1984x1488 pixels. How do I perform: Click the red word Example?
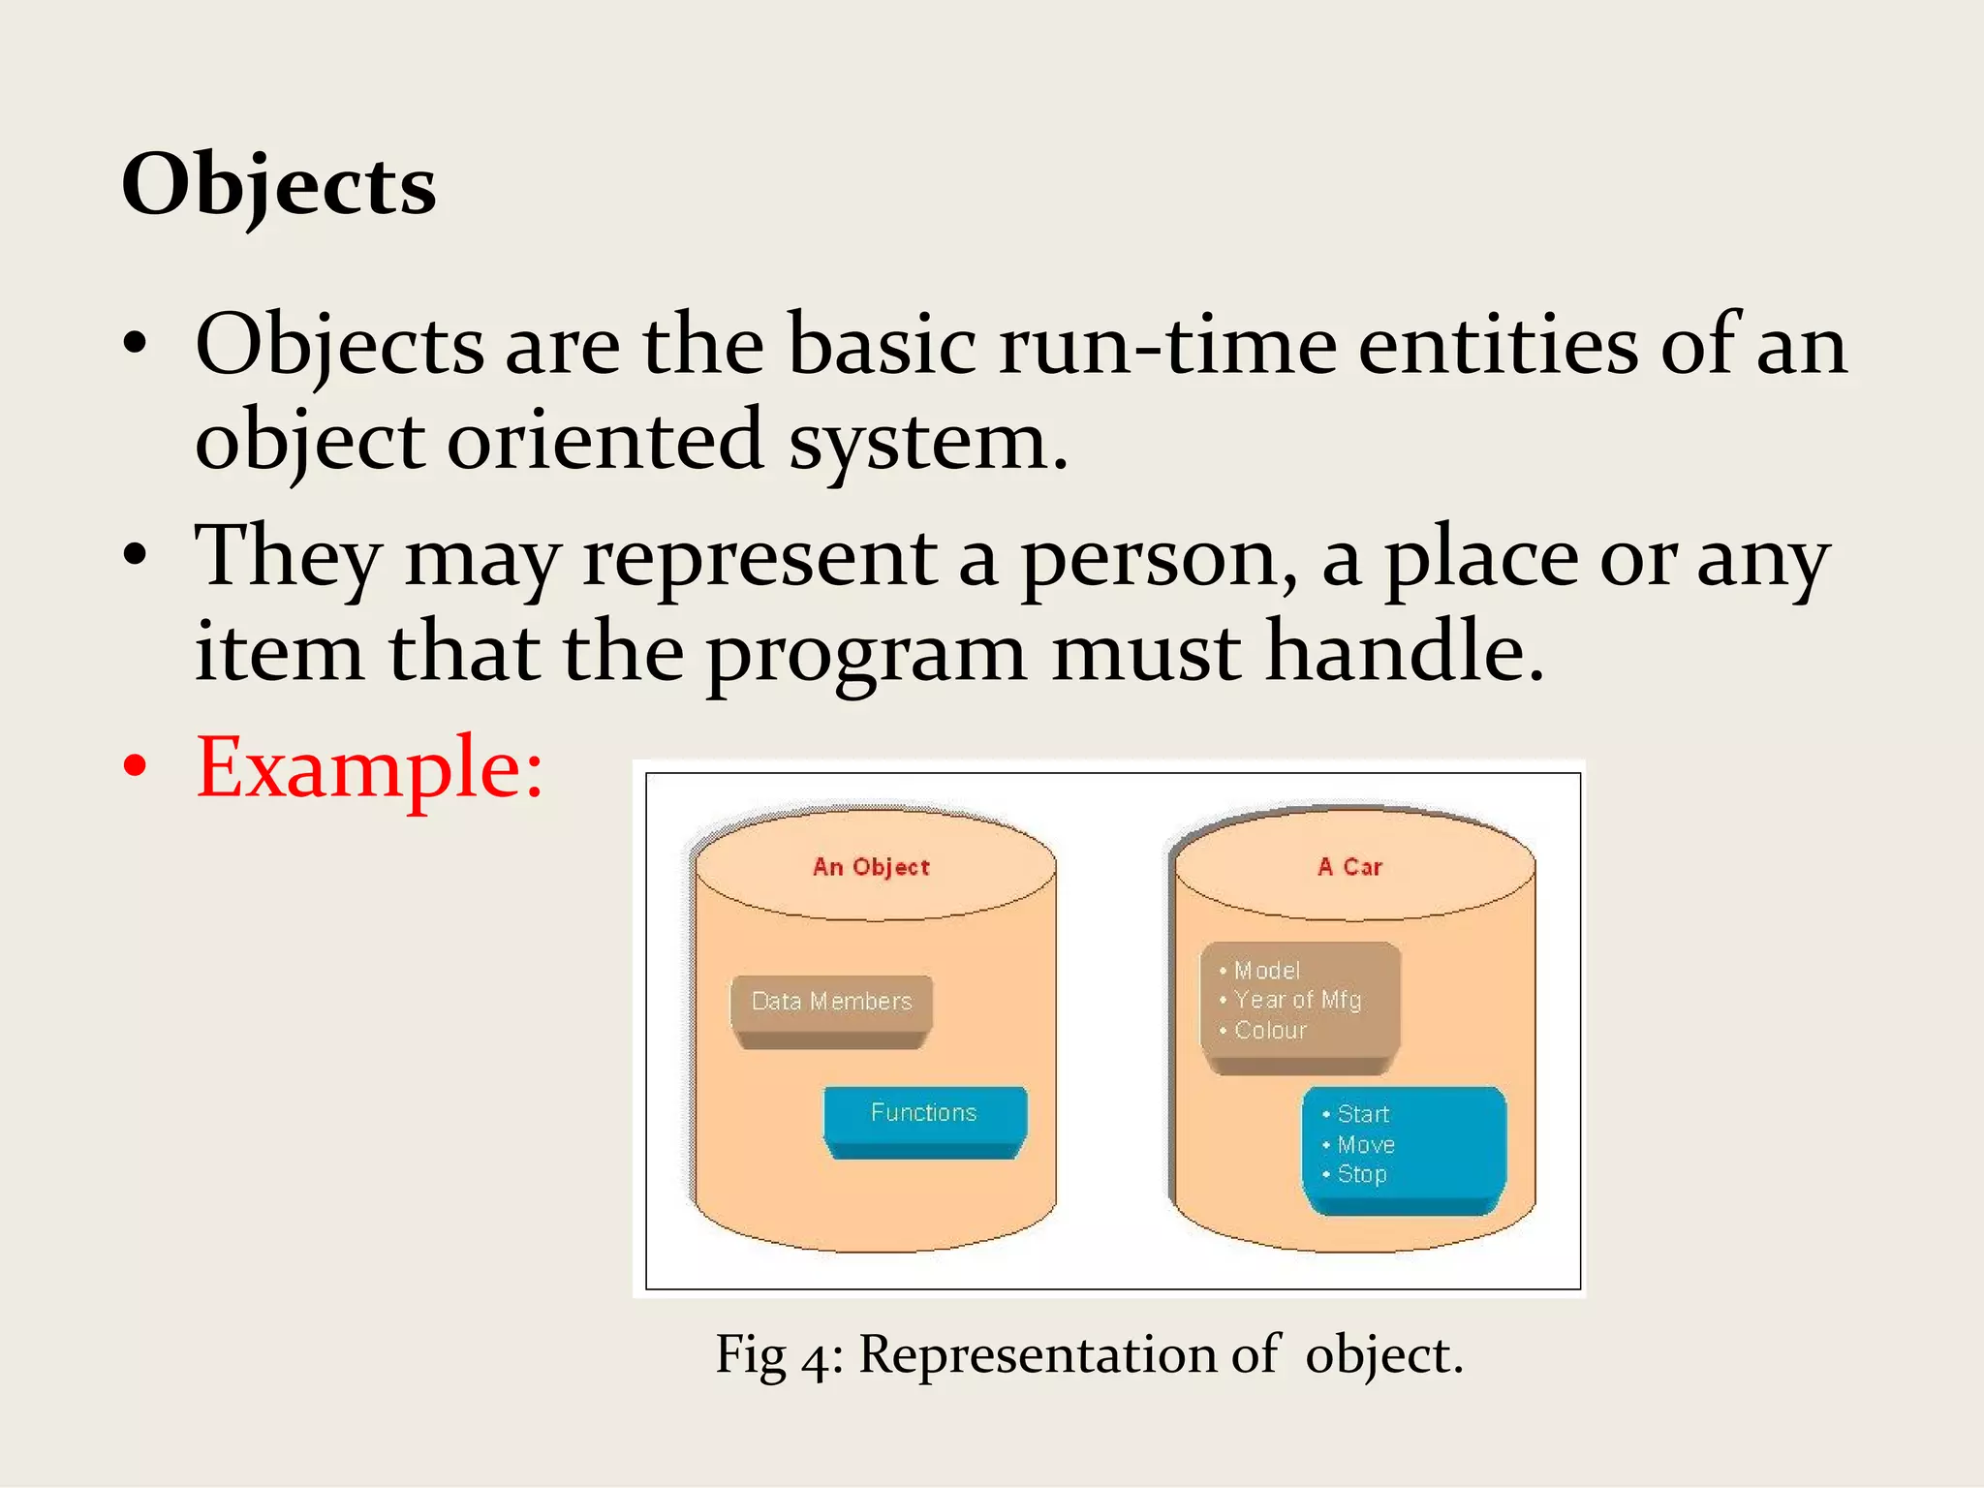click(369, 767)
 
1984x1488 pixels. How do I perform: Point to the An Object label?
click(871, 867)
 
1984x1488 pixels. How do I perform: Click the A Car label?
click(1349, 867)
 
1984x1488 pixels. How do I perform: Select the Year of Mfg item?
click(1297, 1000)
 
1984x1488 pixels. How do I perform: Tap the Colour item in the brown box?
click(1270, 1030)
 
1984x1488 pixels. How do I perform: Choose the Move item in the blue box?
click(1366, 1144)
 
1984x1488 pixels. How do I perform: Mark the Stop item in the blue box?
click(1362, 1174)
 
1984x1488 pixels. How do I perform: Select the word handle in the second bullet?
click(1404, 652)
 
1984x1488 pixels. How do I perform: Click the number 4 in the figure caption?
click(816, 1357)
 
